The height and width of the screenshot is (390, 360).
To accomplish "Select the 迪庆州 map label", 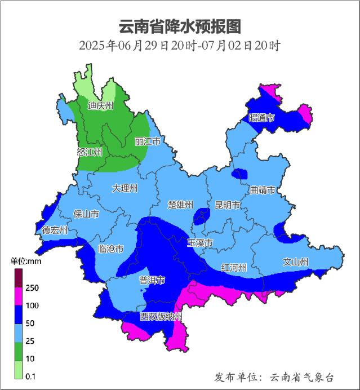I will (x=100, y=105).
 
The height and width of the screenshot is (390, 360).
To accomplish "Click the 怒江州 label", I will (x=90, y=152).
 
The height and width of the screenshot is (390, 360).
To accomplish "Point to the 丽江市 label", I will (x=148, y=141).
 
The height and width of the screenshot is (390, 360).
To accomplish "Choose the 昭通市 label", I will (x=261, y=118).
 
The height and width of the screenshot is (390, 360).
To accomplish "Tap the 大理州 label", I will (x=125, y=188).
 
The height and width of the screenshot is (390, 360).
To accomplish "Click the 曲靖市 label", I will (x=263, y=190).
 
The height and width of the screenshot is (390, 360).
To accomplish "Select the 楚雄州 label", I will (x=181, y=205).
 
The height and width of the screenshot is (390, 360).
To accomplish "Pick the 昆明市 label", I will (x=228, y=205).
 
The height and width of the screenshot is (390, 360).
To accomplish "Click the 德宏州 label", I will (x=55, y=230).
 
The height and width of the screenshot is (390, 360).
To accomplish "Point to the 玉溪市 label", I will (x=200, y=243).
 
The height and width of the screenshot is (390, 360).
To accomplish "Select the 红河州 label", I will (x=234, y=267).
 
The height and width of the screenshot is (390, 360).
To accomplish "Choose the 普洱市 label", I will (x=152, y=280).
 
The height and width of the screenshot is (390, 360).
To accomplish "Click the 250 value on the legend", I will (x=32, y=288).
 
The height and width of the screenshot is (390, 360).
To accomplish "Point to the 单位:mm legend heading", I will (x=26, y=261).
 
